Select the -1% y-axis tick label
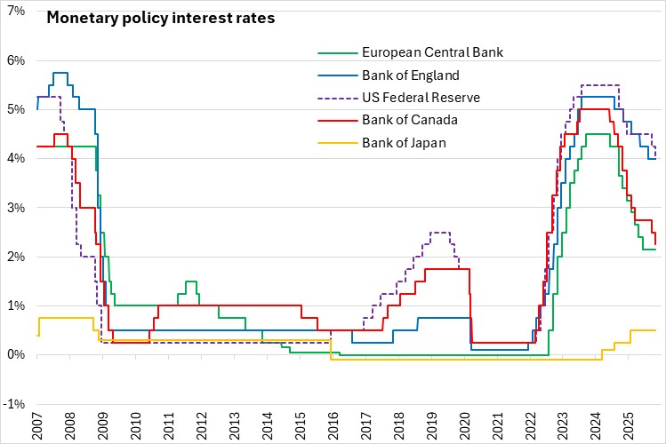point(12,404)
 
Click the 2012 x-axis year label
point(202,427)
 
